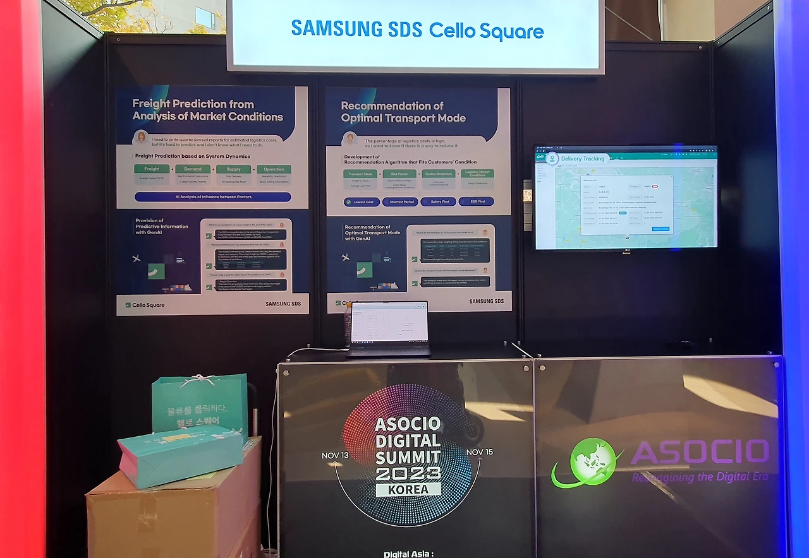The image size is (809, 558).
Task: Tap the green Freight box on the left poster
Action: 152,169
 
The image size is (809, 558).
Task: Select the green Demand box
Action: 193,169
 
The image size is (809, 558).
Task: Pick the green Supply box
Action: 233,169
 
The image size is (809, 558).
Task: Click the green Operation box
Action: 274,169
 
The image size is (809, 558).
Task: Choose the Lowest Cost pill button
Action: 362,202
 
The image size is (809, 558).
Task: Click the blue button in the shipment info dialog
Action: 660,229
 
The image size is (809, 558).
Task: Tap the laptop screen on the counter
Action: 389,323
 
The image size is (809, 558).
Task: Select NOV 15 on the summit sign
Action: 479,452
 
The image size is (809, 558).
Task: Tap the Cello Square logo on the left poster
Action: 145,305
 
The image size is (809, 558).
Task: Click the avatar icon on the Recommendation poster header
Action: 349,138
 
